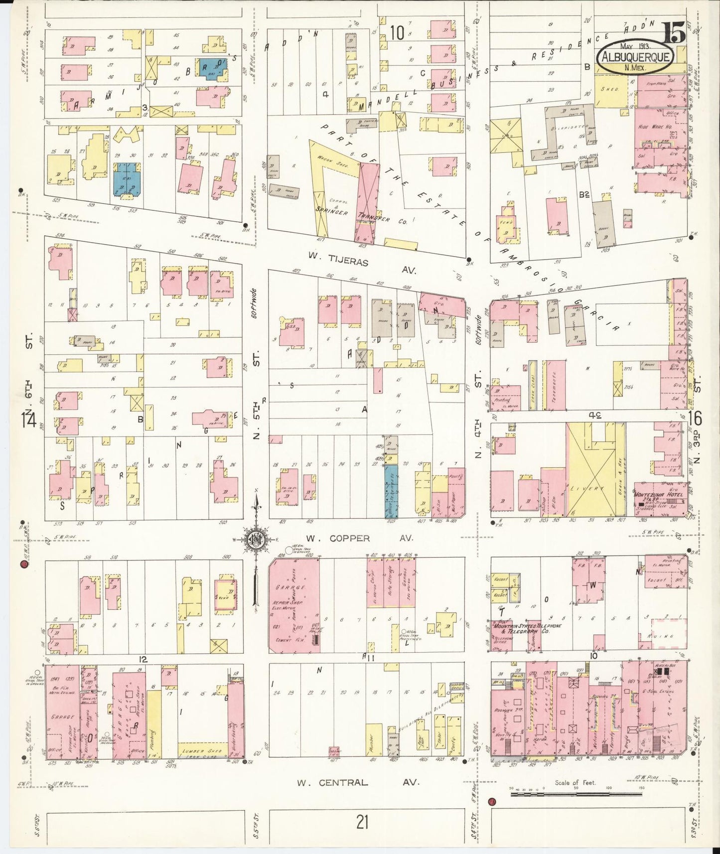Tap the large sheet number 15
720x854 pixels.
coord(674,34)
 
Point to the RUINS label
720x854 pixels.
coord(667,636)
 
